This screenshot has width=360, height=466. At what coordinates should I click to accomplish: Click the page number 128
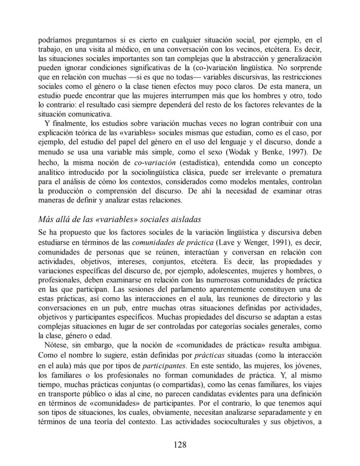point(180,444)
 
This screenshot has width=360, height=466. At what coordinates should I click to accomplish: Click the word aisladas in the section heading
point(186,219)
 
